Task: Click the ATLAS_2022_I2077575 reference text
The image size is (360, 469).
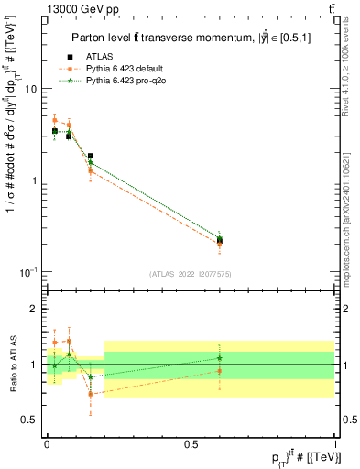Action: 191,274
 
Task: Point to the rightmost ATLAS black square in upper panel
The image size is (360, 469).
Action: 220,240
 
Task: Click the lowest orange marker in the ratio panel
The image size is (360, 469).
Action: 91,394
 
